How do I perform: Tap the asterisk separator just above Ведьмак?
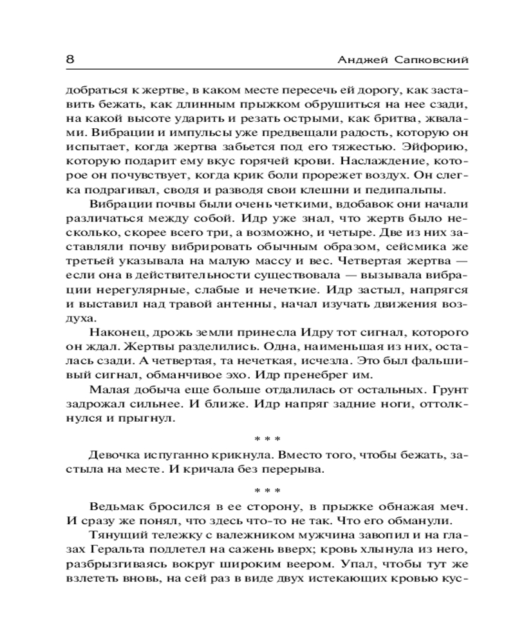point(266,487)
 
